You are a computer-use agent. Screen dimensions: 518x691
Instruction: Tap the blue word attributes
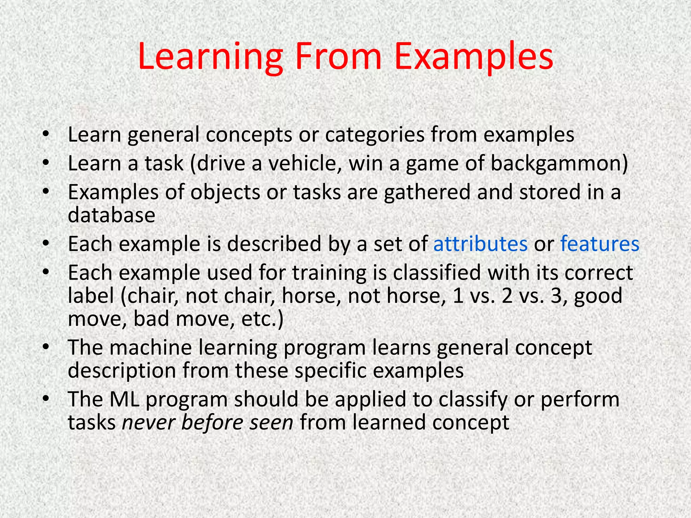coord(480,244)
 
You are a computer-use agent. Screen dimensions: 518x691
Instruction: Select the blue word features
coord(600,244)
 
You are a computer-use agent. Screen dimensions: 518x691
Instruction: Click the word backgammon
coord(559,164)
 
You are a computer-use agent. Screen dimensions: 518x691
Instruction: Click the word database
coord(111,215)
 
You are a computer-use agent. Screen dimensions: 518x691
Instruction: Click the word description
coord(122,371)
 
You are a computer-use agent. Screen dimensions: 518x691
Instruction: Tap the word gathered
coord(427,192)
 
